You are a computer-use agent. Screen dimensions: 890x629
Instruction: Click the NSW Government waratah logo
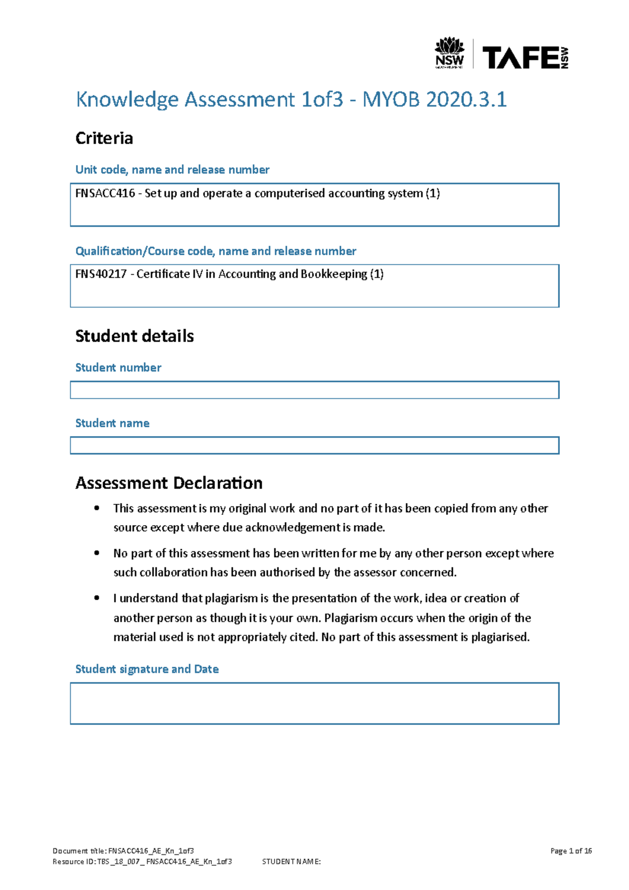pyautogui.click(x=449, y=52)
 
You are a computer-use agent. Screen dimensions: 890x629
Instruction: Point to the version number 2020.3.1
pyautogui.click(x=467, y=100)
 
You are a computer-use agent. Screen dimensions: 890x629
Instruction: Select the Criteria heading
pyautogui.click(x=104, y=138)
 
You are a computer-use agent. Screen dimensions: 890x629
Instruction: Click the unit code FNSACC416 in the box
pyautogui.click(x=105, y=193)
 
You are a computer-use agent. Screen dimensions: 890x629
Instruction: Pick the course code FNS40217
pyautogui.click(x=101, y=274)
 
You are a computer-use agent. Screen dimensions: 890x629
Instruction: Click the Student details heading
pyautogui.click(x=134, y=336)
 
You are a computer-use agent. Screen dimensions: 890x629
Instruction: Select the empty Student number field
pyautogui.click(x=314, y=390)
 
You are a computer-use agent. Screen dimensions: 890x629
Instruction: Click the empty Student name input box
pyautogui.click(x=314, y=446)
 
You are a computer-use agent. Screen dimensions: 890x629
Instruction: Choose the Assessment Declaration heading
pyautogui.click(x=169, y=483)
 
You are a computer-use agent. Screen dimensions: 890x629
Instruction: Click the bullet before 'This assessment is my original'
pyautogui.click(x=96, y=508)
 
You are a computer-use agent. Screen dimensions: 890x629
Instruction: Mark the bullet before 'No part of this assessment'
pyautogui.click(x=96, y=553)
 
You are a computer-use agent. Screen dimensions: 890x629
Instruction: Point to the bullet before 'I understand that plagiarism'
pyautogui.click(x=96, y=598)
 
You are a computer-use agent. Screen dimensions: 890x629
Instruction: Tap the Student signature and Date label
pyautogui.click(x=147, y=669)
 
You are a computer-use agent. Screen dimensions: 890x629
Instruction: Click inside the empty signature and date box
pyautogui.click(x=314, y=703)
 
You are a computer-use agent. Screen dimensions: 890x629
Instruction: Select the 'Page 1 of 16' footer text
pyautogui.click(x=571, y=851)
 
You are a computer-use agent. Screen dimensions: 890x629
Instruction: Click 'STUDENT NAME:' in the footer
pyautogui.click(x=291, y=862)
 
